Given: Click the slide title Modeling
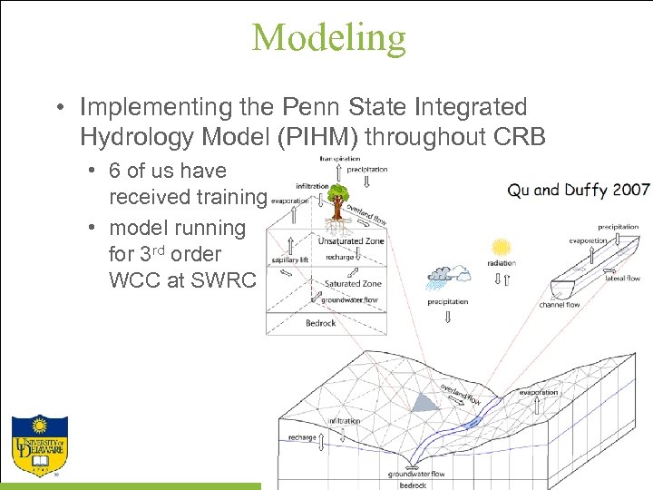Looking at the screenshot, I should click(x=328, y=37).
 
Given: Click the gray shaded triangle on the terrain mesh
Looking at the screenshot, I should click(x=424, y=400).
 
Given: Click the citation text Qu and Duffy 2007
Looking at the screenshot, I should click(x=579, y=190).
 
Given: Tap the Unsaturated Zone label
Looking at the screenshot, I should click(x=351, y=241).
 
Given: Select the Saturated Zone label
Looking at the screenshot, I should click(x=353, y=284).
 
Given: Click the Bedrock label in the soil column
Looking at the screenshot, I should click(x=321, y=323).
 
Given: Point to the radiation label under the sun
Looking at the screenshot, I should click(x=501, y=264).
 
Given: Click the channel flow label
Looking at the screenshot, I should click(x=560, y=305).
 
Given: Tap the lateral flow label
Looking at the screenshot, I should click(x=624, y=279).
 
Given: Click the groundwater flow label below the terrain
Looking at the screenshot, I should click(x=416, y=474).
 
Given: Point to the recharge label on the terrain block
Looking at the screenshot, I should click(x=302, y=437).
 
